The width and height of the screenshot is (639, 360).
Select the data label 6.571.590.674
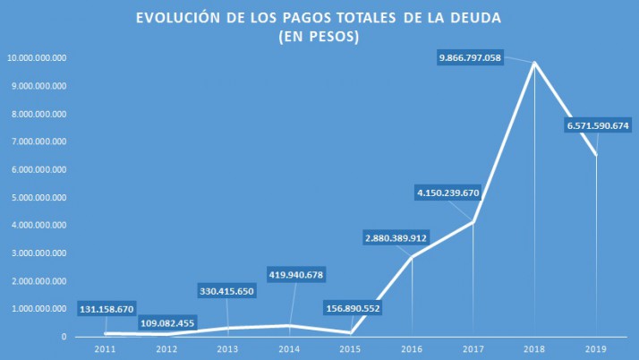coord(598,127)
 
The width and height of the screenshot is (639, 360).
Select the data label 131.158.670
coord(106,309)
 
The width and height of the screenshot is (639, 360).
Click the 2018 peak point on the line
coord(534,62)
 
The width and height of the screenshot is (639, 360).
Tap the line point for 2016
coord(412,257)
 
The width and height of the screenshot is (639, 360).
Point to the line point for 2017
coord(473,221)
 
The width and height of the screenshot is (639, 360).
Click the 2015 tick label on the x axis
coord(351,349)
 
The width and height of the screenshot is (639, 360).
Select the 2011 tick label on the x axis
coord(106,349)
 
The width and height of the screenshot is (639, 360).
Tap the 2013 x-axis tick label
coord(228,349)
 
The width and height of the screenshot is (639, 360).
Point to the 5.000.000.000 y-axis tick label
coord(38,198)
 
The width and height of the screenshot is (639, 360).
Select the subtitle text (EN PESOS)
coord(319,37)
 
